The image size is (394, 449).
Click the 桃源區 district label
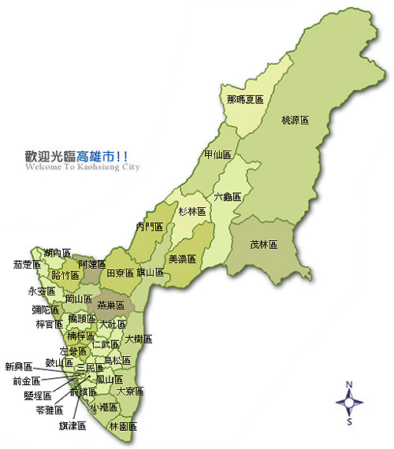click(x=295, y=121)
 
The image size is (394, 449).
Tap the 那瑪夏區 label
click(x=244, y=100)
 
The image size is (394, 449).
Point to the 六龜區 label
click(x=227, y=196)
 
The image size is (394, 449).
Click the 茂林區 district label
click(x=263, y=245)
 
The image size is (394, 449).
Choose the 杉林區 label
click(x=191, y=211)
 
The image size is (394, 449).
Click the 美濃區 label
click(x=181, y=258)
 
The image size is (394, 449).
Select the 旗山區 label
click(x=150, y=273)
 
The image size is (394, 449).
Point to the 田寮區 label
click(x=120, y=273)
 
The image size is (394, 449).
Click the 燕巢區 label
click(x=111, y=304)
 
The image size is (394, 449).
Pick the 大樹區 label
click(x=138, y=340)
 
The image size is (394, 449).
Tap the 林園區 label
click(x=123, y=426)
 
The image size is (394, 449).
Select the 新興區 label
click(x=19, y=366)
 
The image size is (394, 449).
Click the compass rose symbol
click(x=350, y=402)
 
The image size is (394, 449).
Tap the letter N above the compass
click(x=350, y=384)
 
